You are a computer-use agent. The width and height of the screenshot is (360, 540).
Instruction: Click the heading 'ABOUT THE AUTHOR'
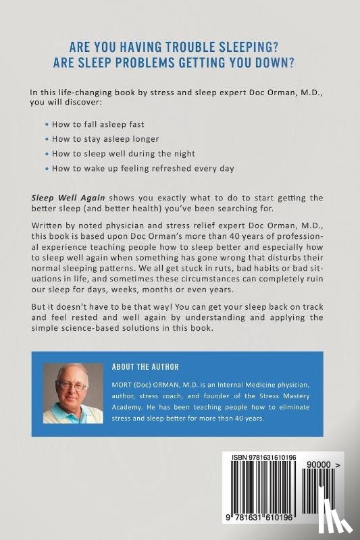145,367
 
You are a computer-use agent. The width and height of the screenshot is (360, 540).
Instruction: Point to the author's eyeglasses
72,385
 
